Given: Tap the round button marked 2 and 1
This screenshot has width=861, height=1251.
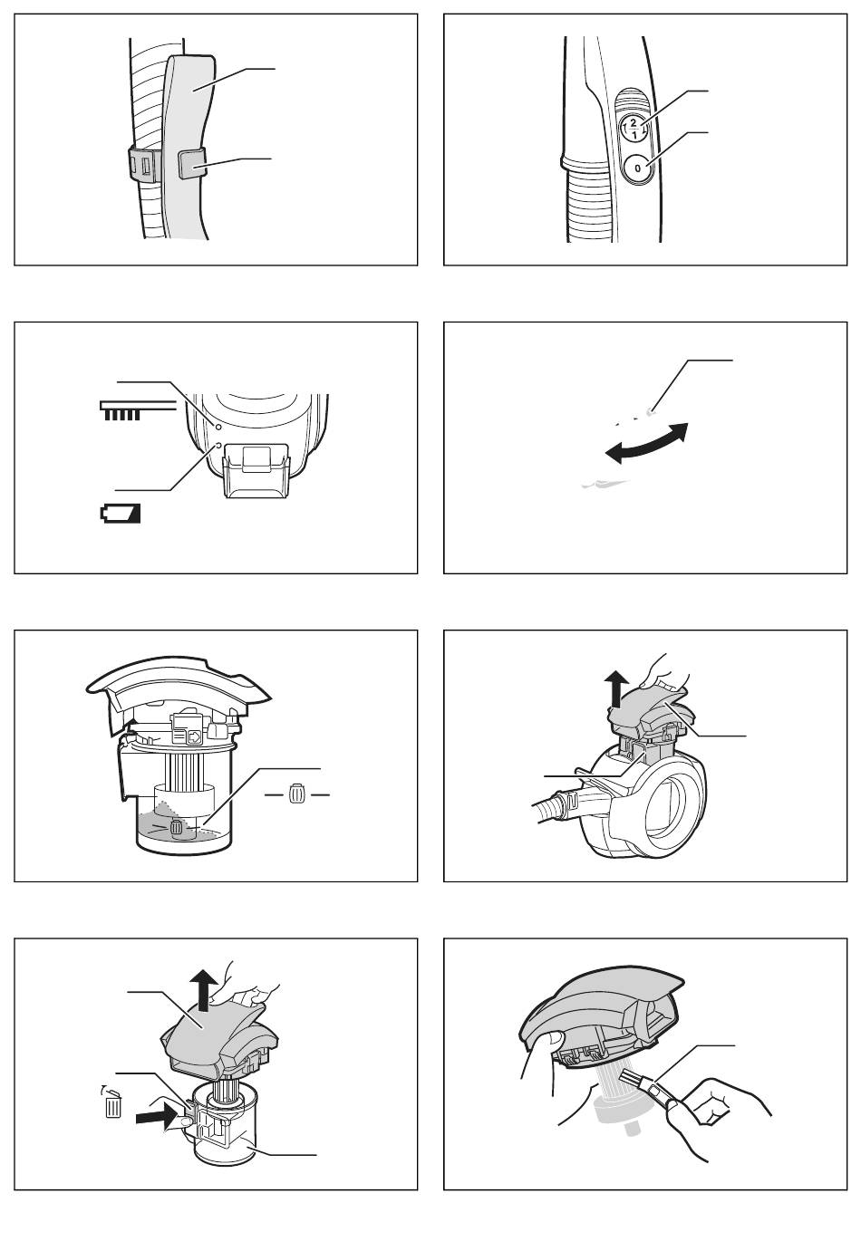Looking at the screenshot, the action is click(634, 128).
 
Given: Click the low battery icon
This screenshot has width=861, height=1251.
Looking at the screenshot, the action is click(121, 514).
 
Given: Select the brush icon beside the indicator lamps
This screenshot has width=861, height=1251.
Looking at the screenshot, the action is click(138, 410).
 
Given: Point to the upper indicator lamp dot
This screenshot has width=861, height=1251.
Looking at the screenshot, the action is click(218, 427).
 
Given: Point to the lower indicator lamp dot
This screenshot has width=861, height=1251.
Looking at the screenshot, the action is click(218, 445).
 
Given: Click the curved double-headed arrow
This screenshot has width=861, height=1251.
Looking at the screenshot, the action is click(646, 444).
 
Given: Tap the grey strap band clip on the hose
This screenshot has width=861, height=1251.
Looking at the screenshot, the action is click(191, 163).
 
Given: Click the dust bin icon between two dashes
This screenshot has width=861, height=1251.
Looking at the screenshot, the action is click(296, 793).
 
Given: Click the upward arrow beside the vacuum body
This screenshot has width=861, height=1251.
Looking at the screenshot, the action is click(617, 690).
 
